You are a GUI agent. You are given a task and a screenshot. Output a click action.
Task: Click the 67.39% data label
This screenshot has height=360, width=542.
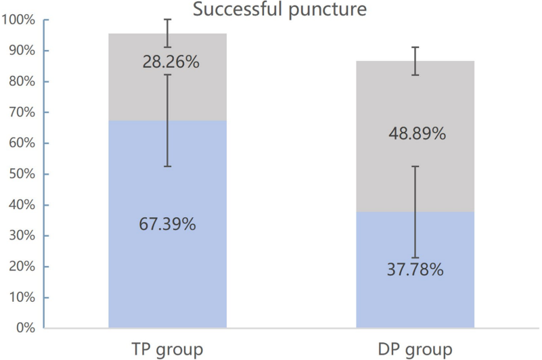click(168, 225)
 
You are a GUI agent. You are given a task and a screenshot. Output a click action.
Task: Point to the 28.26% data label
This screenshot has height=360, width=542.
click(171, 62)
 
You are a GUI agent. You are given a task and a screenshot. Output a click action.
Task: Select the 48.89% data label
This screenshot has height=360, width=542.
click(417, 134)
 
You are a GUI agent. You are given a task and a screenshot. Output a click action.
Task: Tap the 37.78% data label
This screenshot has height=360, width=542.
click(415, 271)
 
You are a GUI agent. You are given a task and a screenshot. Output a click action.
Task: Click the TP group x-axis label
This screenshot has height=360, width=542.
click(168, 349)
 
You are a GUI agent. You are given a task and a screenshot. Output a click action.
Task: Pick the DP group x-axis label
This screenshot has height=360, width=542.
click(415, 349)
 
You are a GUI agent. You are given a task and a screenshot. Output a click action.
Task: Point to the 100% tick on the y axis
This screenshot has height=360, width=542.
click(18, 20)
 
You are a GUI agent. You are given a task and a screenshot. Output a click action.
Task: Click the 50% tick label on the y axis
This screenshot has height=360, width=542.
click(21, 174)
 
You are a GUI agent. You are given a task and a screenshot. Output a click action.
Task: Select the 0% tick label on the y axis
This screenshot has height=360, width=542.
click(24, 328)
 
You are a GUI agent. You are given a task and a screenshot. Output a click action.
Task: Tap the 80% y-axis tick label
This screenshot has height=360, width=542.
click(21, 82)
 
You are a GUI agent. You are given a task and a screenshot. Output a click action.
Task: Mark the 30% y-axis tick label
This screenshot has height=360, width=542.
click(21, 235)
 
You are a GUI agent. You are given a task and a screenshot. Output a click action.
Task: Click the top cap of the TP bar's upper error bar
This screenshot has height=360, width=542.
click(168, 20)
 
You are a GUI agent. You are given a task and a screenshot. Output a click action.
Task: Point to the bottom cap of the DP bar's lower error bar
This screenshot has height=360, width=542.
click(415, 258)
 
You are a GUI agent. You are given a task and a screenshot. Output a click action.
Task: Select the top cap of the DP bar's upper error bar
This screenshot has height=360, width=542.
click(415, 47)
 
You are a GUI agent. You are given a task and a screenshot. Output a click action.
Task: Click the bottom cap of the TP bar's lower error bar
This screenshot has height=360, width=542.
click(168, 166)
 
